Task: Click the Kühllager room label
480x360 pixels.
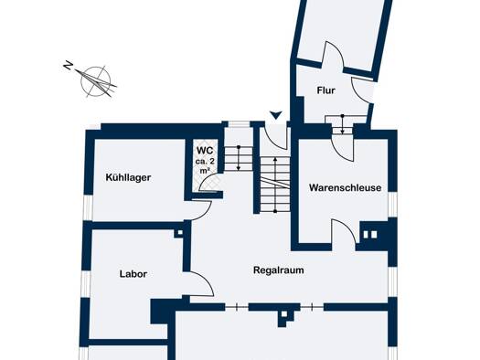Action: click(128, 177)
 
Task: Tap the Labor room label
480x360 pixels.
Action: click(133, 274)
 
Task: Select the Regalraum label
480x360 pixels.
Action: click(279, 270)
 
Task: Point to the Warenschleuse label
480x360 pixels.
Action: click(345, 187)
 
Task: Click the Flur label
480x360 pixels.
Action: click(326, 90)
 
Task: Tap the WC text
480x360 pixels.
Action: click(205, 151)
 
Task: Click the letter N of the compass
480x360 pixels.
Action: click(68, 65)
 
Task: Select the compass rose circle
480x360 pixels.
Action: click(95, 81)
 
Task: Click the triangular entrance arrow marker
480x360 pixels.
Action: click(276, 115)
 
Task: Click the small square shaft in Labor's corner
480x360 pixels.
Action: click(180, 232)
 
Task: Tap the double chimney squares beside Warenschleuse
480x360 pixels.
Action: click(370, 235)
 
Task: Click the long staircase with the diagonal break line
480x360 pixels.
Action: click(275, 185)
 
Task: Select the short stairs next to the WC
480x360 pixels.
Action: click(239, 158)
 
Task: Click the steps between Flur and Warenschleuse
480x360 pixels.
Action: click(343, 125)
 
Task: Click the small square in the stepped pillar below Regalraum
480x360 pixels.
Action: click(284, 314)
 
